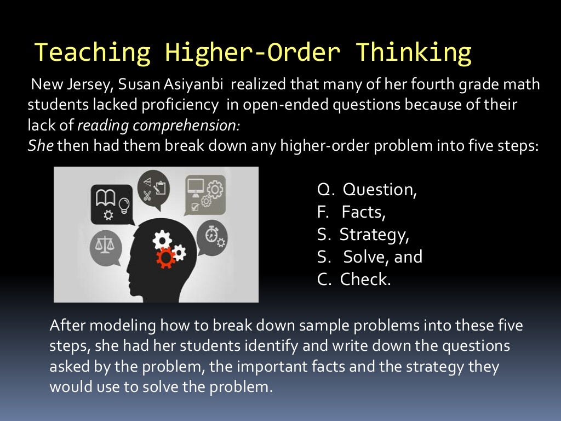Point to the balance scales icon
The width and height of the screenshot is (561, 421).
point(105,242)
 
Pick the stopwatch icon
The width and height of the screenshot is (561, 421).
point(212,235)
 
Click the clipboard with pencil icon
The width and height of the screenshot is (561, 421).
point(161,187)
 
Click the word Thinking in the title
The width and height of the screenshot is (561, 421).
point(414,53)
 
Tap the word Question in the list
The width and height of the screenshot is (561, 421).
point(380,190)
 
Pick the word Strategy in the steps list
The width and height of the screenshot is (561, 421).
point(374,235)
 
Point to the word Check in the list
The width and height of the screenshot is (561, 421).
point(365,280)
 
